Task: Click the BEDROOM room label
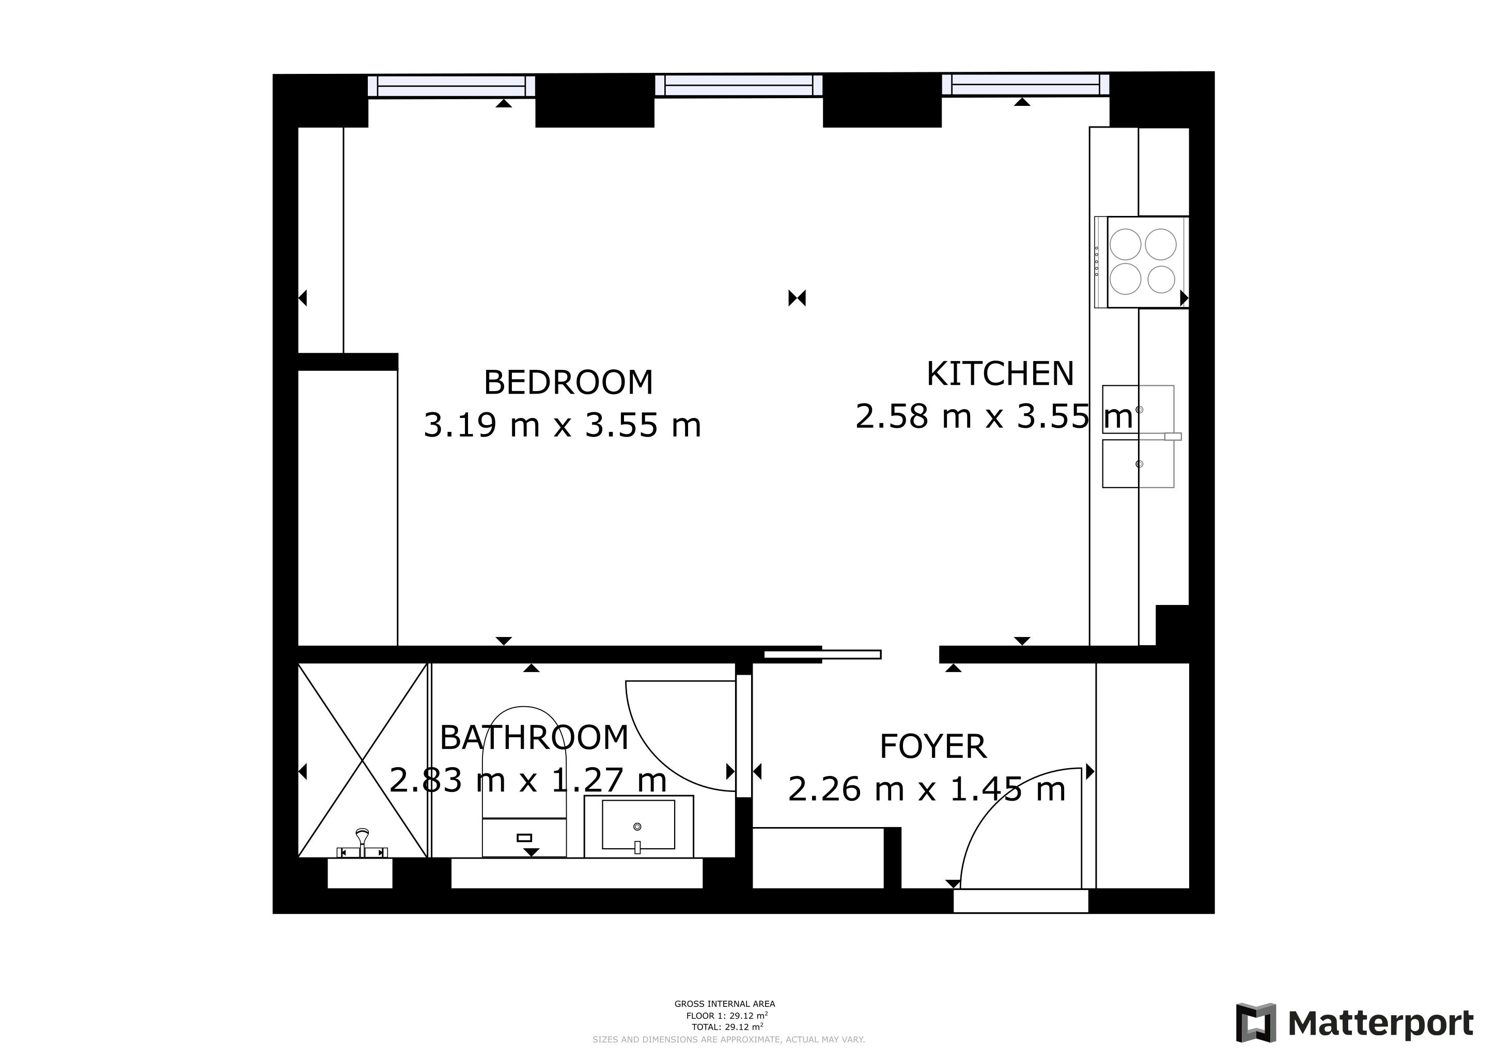[x=568, y=382]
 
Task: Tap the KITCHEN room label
[x=1000, y=374]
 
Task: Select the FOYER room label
[x=933, y=746]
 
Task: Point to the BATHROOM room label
[x=534, y=738]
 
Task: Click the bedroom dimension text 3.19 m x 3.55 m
[x=563, y=425]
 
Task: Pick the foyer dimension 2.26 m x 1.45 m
[x=927, y=789]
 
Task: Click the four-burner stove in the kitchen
[x=1142, y=262]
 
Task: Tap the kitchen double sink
[x=1139, y=437]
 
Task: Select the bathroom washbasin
[x=638, y=826]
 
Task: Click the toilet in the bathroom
[x=524, y=782]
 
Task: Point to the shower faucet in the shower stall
[x=362, y=844]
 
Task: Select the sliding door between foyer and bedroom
[x=822, y=654]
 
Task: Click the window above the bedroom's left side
[x=451, y=86]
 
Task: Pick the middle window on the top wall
[x=738, y=86]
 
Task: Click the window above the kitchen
[x=1025, y=85]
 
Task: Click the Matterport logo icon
[x=1256, y=1023]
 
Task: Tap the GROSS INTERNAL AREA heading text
[x=725, y=1004]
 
